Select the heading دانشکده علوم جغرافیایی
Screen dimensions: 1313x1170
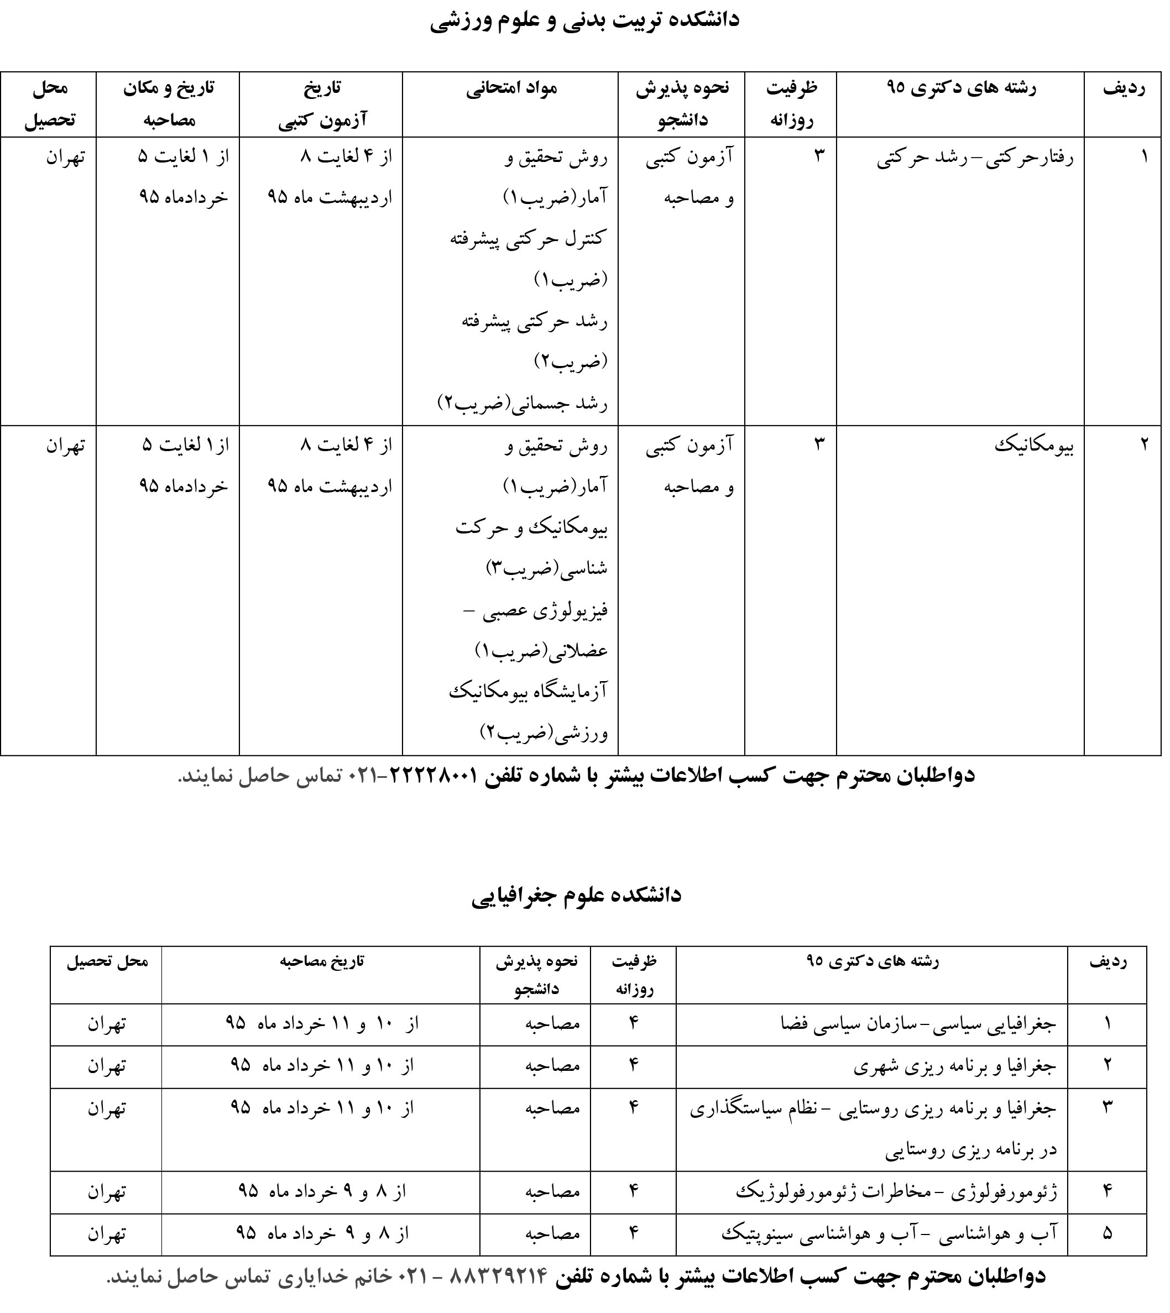point(576,895)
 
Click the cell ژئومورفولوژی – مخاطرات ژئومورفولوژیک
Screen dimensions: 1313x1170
point(896,1192)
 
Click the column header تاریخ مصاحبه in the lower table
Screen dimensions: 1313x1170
point(321,961)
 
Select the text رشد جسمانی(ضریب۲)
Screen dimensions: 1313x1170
point(522,404)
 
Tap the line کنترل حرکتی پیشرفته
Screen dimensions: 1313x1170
point(527,239)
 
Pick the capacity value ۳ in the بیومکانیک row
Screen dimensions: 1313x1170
point(819,444)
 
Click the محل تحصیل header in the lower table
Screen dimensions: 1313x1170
point(107,961)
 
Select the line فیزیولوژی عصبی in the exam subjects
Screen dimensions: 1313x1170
point(537,610)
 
